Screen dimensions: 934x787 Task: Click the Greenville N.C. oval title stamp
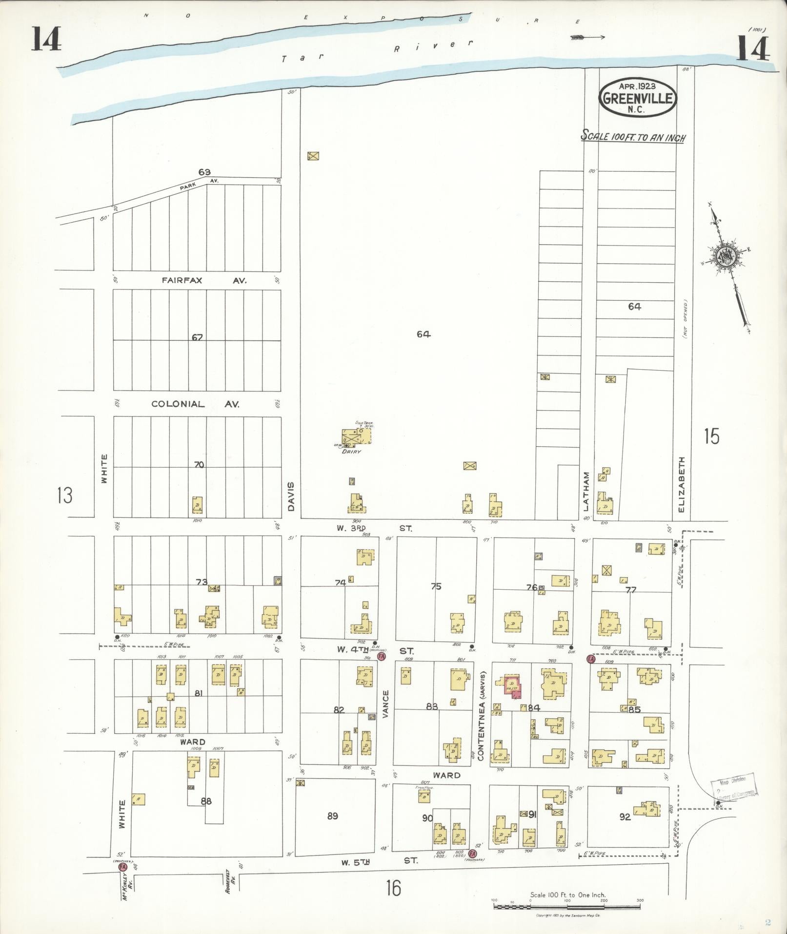click(637, 97)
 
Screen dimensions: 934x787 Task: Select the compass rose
click(725, 255)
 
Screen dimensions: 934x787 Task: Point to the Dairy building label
click(352, 452)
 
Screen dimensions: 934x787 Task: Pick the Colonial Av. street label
click(195, 404)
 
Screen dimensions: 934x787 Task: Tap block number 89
click(332, 816)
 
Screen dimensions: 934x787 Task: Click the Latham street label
click(587, 491)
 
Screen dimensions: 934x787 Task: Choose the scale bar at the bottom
click(567, 907)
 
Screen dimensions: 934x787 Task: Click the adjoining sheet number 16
click(393, 888)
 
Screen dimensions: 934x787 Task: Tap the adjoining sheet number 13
click(64, 495)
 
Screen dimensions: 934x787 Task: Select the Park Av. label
click(201, 184)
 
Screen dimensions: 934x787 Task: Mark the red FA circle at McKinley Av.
click(122, 867)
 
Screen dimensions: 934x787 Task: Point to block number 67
click(197, 337)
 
